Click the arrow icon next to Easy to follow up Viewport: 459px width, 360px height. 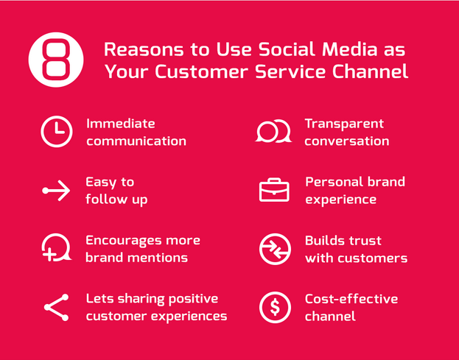(x=56, y=191)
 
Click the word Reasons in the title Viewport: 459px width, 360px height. (x=144, y=49)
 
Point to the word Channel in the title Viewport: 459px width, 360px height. (x=370, y=71)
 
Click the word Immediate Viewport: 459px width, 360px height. (x=121, y=124)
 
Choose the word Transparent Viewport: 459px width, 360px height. (x=344, y=124)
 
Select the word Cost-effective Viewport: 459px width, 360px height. (x=351, y=299)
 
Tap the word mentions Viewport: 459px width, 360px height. (x=158, y=258)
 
